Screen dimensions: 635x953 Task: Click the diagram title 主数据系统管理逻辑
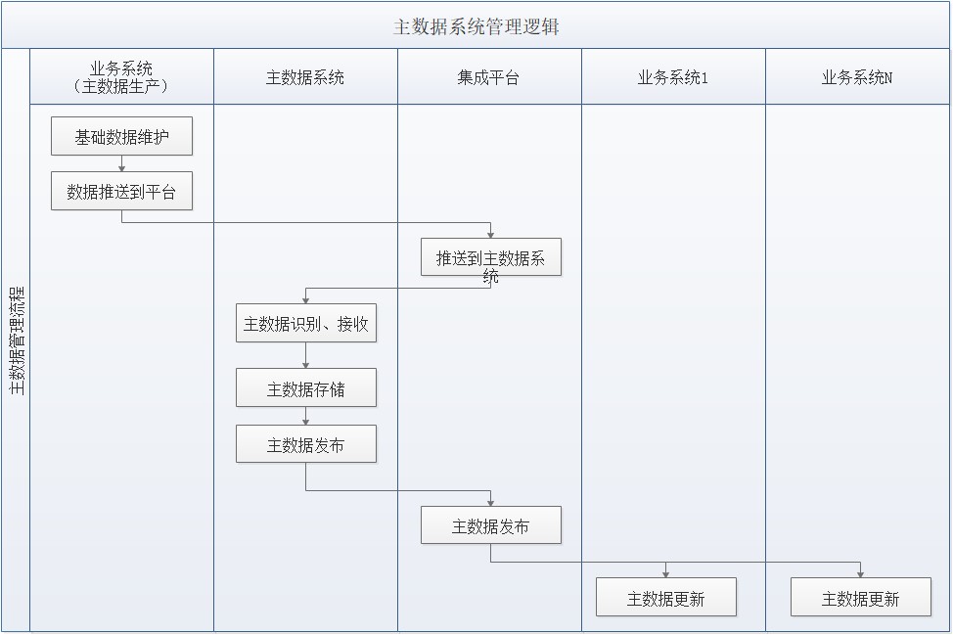point(476,26)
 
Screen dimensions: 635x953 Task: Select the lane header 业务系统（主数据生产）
point(121,77)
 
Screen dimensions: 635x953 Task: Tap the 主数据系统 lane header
point(305,77)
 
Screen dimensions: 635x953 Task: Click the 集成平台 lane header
point(488,77)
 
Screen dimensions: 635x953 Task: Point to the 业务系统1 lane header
point(672,77)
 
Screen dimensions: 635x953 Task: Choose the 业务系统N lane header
point(857,77)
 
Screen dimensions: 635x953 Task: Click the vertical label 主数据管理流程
point(17,340)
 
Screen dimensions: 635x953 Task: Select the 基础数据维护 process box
point(121,137)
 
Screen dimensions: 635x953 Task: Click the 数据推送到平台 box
point(121,192)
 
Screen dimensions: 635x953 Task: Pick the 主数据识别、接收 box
point(305,324)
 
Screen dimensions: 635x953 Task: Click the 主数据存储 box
point(305,388)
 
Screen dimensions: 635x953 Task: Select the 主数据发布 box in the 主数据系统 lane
point(305,445)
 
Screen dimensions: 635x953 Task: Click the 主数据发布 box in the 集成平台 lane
point(491,525)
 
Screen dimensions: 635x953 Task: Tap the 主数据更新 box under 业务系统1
point(665,598)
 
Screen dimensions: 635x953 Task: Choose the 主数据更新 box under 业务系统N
point(860,598)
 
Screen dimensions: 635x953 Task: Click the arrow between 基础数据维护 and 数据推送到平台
point(121,163)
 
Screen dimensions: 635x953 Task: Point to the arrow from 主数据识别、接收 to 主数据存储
point(305,355)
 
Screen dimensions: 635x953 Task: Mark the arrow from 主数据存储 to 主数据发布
point(305,417)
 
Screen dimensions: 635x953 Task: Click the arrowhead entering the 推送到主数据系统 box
point(491,233)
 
